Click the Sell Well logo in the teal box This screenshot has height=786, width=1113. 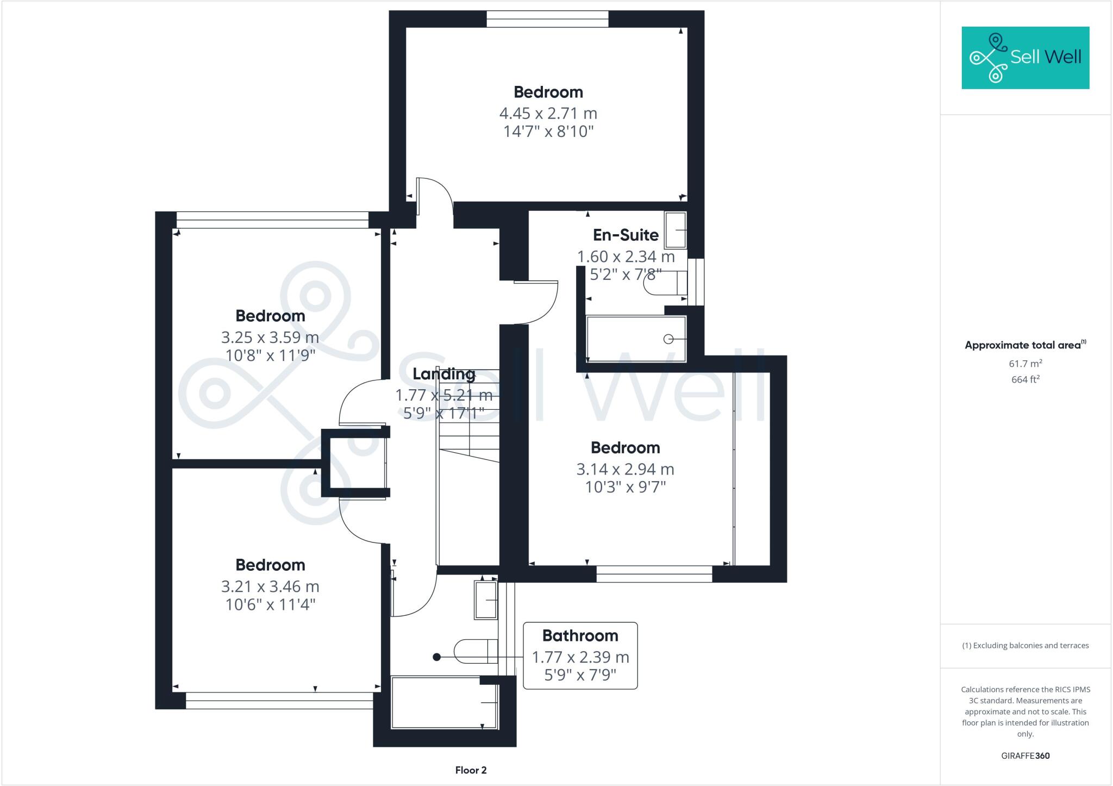point(1025,58)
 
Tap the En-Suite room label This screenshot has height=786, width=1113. point(626,235)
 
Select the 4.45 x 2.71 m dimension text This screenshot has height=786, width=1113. point(548,114)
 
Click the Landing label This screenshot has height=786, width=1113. point(443,374)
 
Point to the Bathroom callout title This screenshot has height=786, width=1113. point(580,635)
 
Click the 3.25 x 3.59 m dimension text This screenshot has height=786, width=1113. point(270,338)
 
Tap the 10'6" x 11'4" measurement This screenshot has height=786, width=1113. point(270,604)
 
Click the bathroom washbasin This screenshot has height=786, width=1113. point(486,600)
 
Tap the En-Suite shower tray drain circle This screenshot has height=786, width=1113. point(668,339)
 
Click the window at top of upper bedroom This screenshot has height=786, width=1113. point(547,19)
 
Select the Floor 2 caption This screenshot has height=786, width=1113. point(471,770)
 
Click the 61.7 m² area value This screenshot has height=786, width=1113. point(1025,364)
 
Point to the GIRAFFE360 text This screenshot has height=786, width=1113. point(1025,756)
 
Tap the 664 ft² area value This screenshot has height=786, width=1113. point(1025,379)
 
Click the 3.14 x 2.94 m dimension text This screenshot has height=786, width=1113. point(625,469)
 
